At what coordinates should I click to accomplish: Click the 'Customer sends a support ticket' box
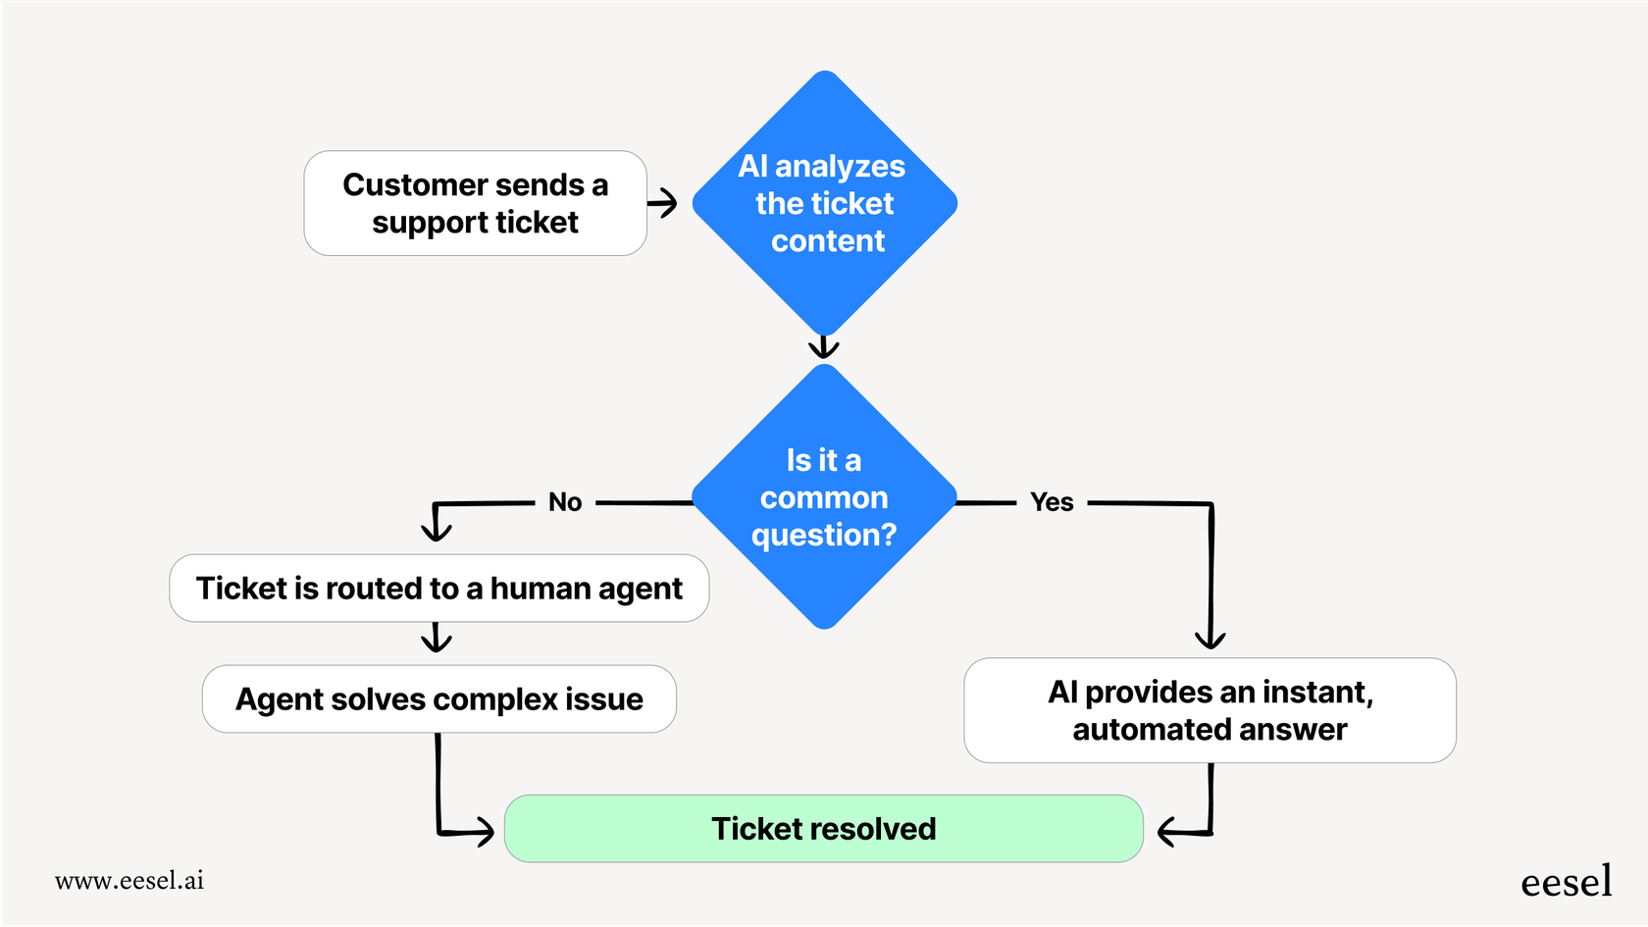(475, 203)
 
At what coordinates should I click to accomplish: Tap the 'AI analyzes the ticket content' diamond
(824, 203)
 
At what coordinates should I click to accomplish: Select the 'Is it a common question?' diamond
(824, 496)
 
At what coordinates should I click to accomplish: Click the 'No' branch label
(565, 502)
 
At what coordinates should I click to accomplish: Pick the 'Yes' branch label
(1052, 502)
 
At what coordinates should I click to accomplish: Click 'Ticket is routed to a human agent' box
(438, 589)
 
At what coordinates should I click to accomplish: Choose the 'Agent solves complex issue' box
(438, 699)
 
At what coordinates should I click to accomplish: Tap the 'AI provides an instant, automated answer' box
(1210, 710)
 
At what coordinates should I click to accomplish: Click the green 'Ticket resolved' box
(823, 829)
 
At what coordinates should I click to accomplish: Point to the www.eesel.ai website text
(129, 881)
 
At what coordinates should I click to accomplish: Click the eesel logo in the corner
(1566, 882)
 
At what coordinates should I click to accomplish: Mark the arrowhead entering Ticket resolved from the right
(1166, 833)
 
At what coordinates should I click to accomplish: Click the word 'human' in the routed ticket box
(541, 589)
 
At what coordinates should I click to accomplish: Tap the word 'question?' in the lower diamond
(824, 536)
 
